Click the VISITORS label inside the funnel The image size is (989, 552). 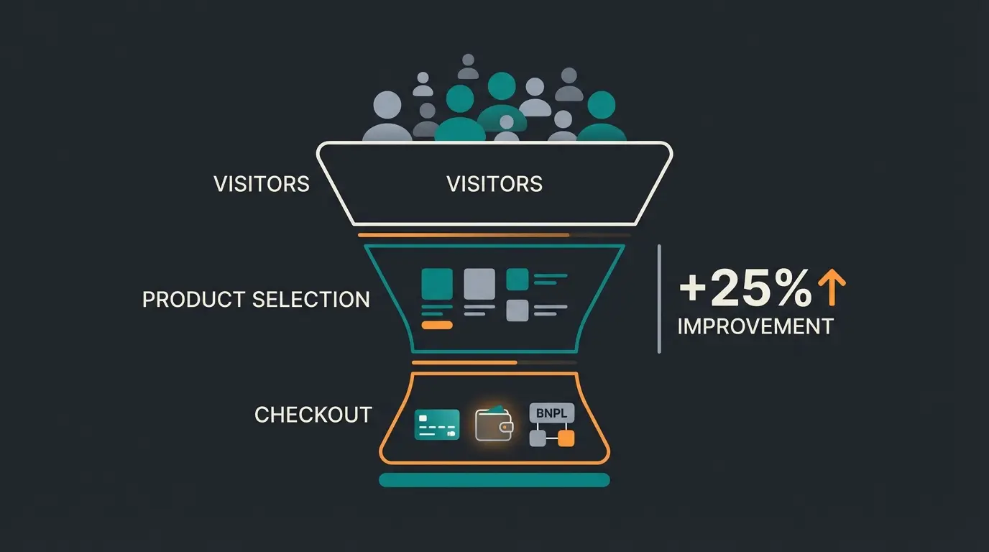point(494,184)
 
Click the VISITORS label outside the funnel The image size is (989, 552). point(262,184)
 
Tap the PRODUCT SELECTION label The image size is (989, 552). point(256,299)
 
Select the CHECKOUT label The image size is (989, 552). point(313,415)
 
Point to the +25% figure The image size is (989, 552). point(745,289)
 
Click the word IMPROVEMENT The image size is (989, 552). point(755,326)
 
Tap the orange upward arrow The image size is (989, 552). point(832,287)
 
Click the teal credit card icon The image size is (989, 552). point(437,424)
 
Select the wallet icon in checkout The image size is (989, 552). point(494,425)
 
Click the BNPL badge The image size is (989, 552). point(552,413)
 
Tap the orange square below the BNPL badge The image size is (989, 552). point(566,438)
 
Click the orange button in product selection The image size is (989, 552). point(437,325)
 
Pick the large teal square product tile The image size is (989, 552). point(437,284)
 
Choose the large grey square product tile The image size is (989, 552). point(479,284)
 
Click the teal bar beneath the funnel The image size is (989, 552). point(494,480)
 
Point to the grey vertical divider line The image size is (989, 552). point(659,298)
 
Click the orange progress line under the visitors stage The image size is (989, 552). point(464,234)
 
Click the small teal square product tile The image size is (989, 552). point(517,279)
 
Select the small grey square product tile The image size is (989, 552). point(517,310)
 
